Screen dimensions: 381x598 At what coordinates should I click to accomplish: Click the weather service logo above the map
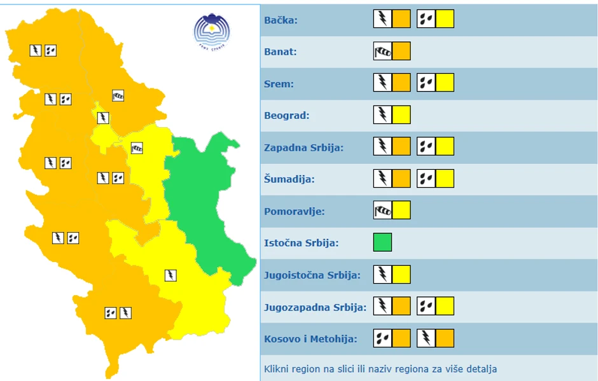[x=212, y=31]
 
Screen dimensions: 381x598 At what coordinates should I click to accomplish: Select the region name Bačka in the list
[x=281, y=20]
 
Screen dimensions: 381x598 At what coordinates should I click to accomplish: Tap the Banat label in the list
[x=281, y=52]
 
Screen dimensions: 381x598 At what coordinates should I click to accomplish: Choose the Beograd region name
[x=286, y=116]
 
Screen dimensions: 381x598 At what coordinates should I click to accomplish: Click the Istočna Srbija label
[x=302, y=243]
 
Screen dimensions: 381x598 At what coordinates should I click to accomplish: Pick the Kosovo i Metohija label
[x=310, y=339]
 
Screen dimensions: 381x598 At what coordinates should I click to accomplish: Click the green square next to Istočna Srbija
[x=382, y=242]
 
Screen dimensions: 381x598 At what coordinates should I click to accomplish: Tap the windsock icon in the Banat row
[x=382, y=52]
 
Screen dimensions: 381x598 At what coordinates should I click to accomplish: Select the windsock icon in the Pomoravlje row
[x=382, y=211]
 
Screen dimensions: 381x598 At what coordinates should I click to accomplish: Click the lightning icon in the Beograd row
[x=382, y=115]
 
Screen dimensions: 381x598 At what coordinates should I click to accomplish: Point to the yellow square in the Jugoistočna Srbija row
[x=401, y=275]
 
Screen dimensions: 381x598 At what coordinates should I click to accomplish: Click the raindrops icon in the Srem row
[x=426, y=83]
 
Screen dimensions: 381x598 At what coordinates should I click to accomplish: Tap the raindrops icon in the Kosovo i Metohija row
[x=382, y=338]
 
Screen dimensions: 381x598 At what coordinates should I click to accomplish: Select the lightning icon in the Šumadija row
[x=382, y=179]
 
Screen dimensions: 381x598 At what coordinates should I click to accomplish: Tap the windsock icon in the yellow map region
[x=137, y=148]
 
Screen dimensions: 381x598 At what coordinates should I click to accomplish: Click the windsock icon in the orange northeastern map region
[x=118, y=96]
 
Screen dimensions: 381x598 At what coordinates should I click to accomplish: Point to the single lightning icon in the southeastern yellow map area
[x=170, y=275]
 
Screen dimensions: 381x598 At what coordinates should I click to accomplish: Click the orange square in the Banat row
[x=401, y=52]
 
